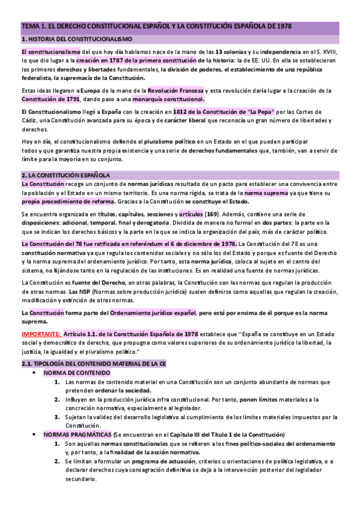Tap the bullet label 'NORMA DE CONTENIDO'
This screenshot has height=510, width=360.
[76, 373]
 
